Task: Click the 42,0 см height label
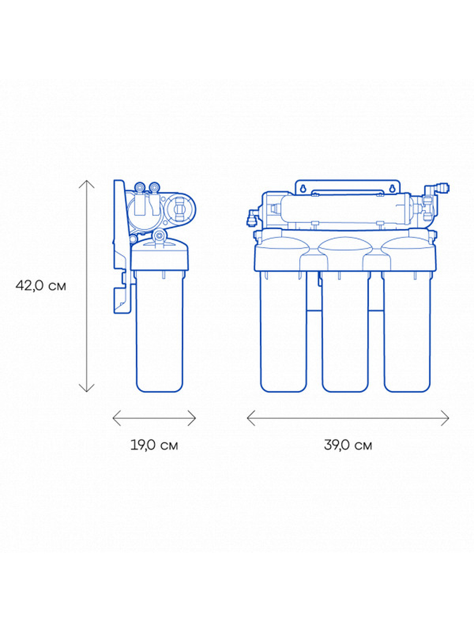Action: (x=41, y=286)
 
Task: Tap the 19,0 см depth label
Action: (x=154, y=445)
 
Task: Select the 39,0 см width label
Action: (x=348, y=445)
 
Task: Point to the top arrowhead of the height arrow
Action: (x=86, y=184)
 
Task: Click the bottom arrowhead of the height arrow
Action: (x=86, y=388)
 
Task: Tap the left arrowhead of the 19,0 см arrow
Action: (x=116, y=418)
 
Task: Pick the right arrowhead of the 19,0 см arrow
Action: (x=192, y=418)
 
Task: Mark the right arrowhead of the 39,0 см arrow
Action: (x=445, y=418)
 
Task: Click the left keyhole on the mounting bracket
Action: (x=303, y=189)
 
